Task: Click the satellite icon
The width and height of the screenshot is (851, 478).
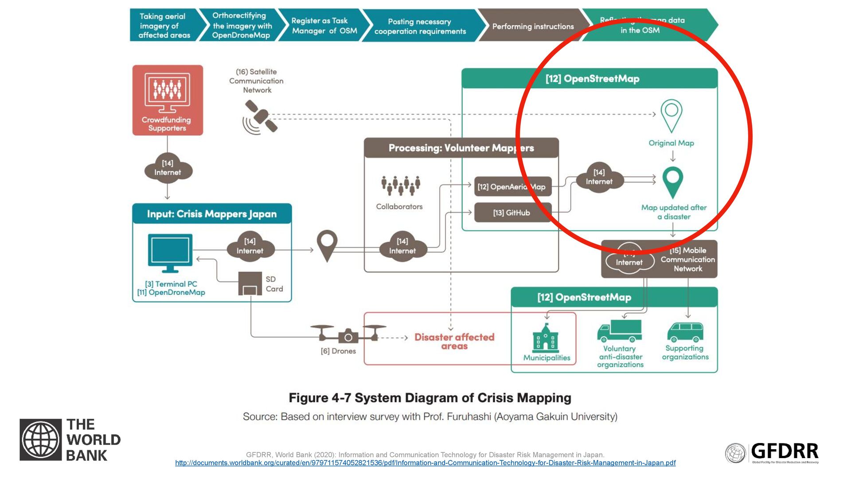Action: click(261, 116)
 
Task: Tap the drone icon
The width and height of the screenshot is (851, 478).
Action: click(348, 335)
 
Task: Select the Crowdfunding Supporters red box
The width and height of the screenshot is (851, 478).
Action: click(168, 100)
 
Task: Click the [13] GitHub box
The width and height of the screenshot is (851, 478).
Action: click(513, 213)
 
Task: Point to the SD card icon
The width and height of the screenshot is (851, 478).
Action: click(250, 284)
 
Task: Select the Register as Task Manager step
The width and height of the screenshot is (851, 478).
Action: click(324, 26)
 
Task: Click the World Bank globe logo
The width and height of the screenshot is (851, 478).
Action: click(41, 439)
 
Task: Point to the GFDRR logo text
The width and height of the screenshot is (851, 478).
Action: click(785, 451)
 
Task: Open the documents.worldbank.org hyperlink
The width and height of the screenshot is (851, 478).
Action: click(425, 463)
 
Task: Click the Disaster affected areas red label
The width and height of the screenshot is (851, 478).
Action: click(454, 341)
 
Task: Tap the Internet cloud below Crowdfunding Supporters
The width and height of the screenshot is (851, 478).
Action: click(168, 168)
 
